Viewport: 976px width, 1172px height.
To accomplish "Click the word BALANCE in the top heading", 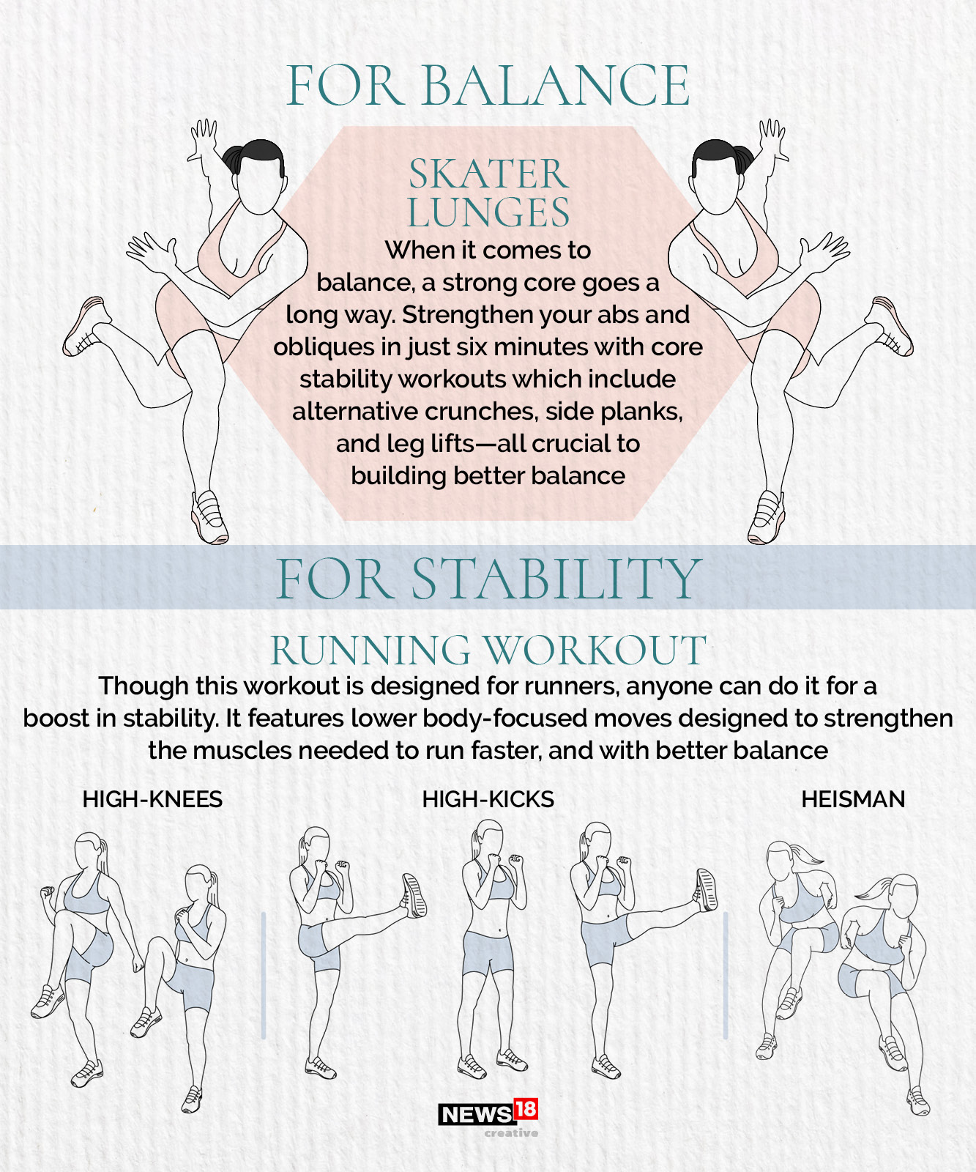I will (x=555, y=86).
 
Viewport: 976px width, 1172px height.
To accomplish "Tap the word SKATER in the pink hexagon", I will (x=488, y=174).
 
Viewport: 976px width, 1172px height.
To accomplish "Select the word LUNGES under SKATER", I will (x=488, y=213).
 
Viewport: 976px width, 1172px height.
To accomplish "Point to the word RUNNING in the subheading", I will (x=370, y=650).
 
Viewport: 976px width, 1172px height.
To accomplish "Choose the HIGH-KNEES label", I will (x=152, y=799).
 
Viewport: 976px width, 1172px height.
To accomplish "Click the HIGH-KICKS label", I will (x=488, y=799).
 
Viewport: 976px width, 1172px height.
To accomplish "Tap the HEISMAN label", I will (x=853, y=799).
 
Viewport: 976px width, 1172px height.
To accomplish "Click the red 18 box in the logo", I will (x=526, y=1109).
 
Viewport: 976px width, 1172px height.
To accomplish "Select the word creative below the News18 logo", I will (x=511, y=1133).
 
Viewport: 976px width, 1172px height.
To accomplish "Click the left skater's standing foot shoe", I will (x=209, y=517).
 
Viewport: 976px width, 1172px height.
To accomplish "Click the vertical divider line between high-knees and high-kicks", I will (x=264, y=974).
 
